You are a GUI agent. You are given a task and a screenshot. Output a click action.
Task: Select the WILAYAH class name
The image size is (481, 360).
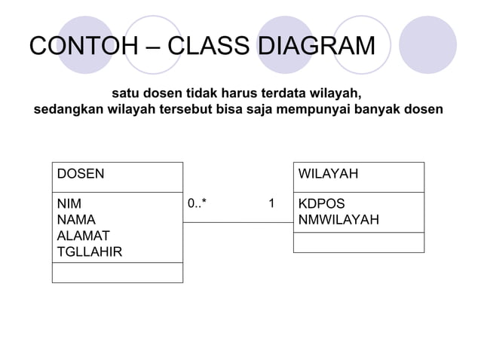tap(328, 174)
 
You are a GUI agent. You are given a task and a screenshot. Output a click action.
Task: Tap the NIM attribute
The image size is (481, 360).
tap(69, 204)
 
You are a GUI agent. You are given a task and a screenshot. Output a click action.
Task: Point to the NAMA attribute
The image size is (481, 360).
tap(76, 220)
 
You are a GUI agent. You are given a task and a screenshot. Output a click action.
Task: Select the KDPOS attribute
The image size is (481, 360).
tap(322, 204)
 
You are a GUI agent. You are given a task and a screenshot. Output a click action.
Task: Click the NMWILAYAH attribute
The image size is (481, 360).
tap(339, 220)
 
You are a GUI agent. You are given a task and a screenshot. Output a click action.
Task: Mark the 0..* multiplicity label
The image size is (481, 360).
tap(198, 203)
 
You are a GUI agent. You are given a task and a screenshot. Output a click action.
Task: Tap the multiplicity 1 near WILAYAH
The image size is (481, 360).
tap(271, 203)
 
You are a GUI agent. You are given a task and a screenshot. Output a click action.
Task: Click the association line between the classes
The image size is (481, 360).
tap(237, 222)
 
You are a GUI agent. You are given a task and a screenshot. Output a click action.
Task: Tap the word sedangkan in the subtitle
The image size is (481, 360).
tap(69, 111)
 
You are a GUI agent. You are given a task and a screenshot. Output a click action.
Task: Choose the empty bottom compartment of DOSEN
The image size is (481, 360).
tap(117, 272)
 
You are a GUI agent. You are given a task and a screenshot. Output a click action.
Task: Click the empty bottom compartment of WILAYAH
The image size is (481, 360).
tap(358, 242)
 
